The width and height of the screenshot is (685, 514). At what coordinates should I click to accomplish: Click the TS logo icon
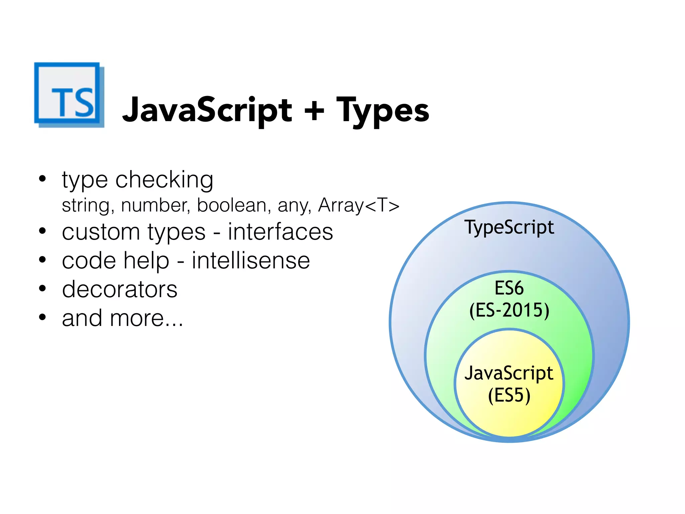(x=69, y=95)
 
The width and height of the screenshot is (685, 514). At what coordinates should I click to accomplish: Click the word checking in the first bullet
(x=164, y=180)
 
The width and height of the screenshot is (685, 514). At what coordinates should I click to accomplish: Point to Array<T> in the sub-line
(x=359, y=205)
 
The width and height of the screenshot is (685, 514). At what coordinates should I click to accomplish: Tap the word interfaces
(x=280, y=232)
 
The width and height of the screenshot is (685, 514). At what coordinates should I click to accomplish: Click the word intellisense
(x=251, y=261)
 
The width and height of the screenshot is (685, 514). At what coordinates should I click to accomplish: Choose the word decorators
(x=120, y=289)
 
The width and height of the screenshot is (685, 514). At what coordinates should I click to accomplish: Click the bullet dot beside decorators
(x=42, y=288)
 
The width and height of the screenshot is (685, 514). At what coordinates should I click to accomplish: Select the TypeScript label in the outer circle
(x=509, y=228)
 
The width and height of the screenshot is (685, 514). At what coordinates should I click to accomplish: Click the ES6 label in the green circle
(x=509, y=288)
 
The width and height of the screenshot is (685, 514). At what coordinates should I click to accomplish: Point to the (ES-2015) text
(x=509, y=310)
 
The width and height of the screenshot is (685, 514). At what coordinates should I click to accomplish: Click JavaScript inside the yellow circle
(x=509, y=373)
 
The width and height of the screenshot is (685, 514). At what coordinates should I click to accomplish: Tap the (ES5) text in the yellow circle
(x=509, y=396)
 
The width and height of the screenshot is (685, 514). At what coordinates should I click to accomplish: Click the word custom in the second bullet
(x=101, y=232)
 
